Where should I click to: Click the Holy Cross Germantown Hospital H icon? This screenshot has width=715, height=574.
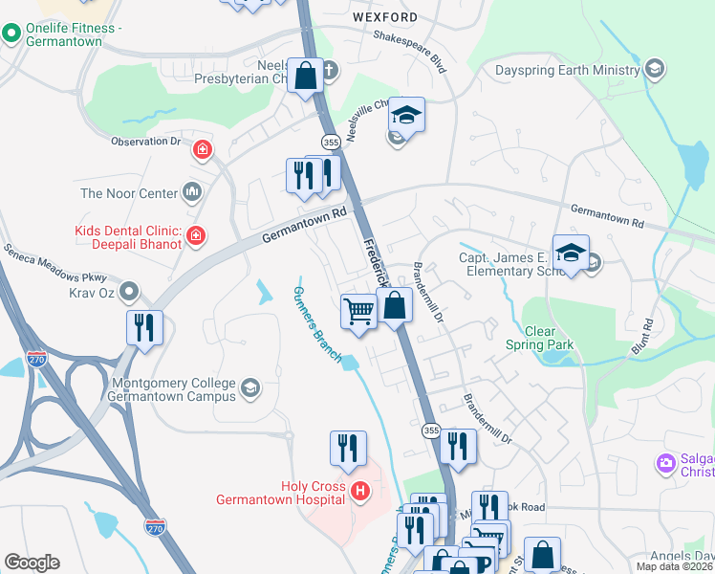click(360, 492)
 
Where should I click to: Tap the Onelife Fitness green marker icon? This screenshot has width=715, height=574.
click(11, 35)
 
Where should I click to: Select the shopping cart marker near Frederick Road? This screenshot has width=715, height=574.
click(358, 311)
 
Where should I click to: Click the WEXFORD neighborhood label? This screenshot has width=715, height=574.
click(384, 17)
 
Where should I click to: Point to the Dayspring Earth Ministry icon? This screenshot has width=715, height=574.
click(655, 69)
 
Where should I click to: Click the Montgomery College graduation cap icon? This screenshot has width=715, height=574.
click(249, 387)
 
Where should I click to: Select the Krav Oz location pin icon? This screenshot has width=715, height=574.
click(130, 289)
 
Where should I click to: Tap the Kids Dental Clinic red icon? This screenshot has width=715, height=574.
click(195, 235)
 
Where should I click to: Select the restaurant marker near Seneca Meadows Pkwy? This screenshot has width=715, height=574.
click(144, 327)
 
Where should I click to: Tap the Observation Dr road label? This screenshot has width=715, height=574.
click(145, 142)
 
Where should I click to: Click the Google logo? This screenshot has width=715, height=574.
click(32, 563)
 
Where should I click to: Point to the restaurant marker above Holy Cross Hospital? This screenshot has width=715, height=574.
click(348, 448)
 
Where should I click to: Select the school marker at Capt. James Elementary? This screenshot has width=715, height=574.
click(571, 253)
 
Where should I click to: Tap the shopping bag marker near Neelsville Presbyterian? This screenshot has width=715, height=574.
click(305, 76)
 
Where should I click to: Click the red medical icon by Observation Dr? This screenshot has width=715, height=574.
click(202, 149)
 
